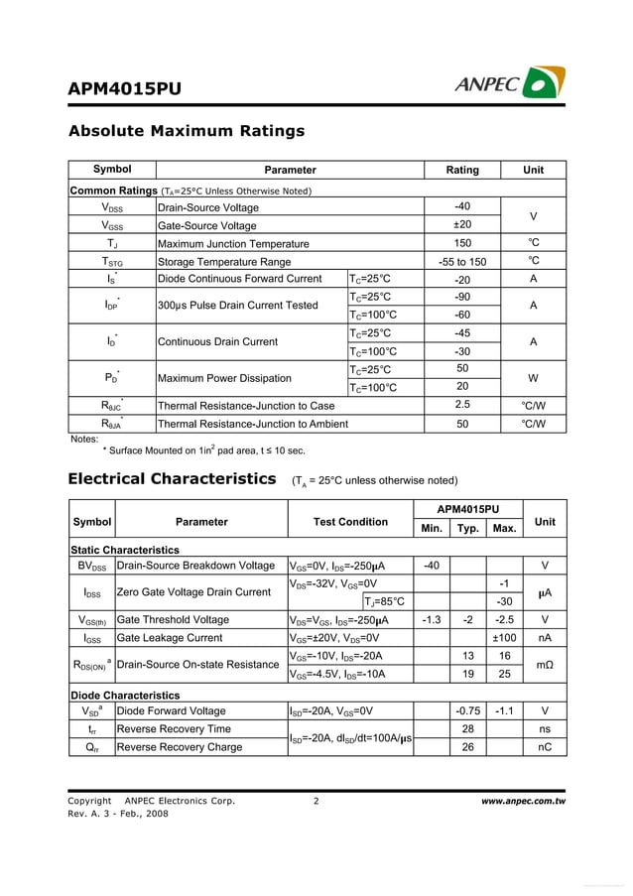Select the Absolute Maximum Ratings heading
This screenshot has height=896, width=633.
click(x=186, y=131)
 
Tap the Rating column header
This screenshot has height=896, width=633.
click(x=462, y=170)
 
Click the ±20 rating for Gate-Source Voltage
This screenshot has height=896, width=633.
click(x=462, y=225)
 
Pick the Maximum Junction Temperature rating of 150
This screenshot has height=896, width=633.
click(x=462, y=243)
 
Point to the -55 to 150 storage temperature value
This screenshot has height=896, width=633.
click(x=462, y=262)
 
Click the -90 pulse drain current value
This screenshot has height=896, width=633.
click(x=462, y=297)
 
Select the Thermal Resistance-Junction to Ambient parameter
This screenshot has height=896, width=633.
click(x=253, y=424)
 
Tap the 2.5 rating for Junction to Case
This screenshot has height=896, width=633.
click(x=462, y=405)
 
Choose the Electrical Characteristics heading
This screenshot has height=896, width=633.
click(x=172, y=479)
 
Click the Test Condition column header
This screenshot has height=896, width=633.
click(x=350, y=522)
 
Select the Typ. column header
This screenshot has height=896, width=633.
click(x=467, y=529)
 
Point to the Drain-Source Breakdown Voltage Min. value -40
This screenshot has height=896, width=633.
click(x=432, y=566)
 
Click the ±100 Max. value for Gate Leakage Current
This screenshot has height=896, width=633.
click(x=504, y=638)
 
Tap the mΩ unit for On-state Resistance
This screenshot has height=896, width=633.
click(x=545, y=665)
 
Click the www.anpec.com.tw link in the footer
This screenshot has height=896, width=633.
click(x=523, y=801)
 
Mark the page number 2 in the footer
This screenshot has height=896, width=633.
click(x=316, y=801)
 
